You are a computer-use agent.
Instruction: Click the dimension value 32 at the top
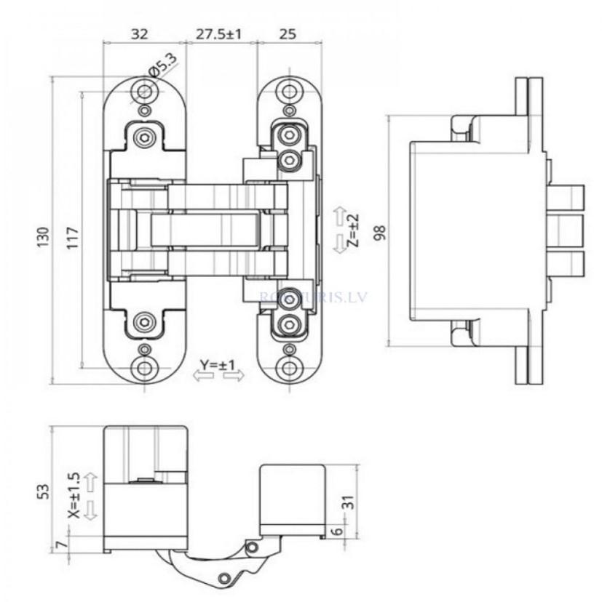click(x=140, y=33)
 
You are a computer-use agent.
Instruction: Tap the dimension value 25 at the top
click(x=288, y=33)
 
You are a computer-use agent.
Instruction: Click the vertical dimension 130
click(x=43, y=236)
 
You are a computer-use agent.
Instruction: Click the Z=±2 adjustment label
click(x=353, y=231)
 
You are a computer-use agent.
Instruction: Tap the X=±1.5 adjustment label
click(x=73, y=494)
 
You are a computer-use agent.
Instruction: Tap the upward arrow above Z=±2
click(x=339, y=215)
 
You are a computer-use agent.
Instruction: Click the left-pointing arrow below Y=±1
click(x=202, y=376)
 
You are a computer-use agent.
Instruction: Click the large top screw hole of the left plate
click(x=146, y=91)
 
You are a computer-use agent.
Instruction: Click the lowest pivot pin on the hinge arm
click(x=226, y=577)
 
